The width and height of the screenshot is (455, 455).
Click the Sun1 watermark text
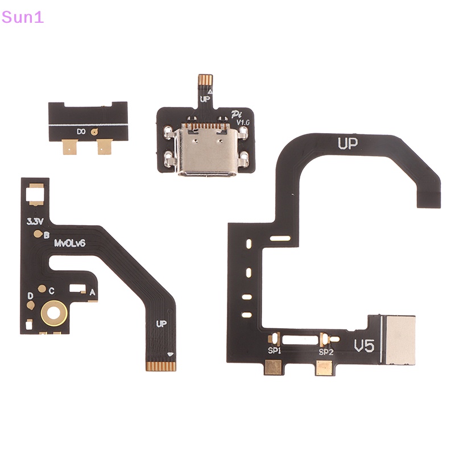pos(22,18)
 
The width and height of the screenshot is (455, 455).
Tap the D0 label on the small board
pos(81,132)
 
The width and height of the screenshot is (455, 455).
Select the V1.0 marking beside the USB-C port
pos(243,122)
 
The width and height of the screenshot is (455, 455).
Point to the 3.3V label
pos(35,222)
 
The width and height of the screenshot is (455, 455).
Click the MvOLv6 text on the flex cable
pos(69,243)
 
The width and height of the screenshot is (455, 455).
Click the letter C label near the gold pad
pos(51,291)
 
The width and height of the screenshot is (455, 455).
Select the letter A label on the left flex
pos(92,292)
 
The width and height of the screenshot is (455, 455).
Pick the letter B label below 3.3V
pos(47,235)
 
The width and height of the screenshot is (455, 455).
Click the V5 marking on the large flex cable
pos(364,346)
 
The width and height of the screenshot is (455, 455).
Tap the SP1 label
pos(274,350)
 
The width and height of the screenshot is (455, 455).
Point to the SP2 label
pos(326,352)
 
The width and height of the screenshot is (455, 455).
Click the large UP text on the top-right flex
pos(348,143)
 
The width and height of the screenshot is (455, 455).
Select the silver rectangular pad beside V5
pos(400,340)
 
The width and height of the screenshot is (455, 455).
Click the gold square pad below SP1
pos(274,367)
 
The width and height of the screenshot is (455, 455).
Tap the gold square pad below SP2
pos(324,368)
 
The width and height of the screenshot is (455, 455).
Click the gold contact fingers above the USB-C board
pos(205,80)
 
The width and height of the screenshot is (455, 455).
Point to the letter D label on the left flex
pos(30,296)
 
